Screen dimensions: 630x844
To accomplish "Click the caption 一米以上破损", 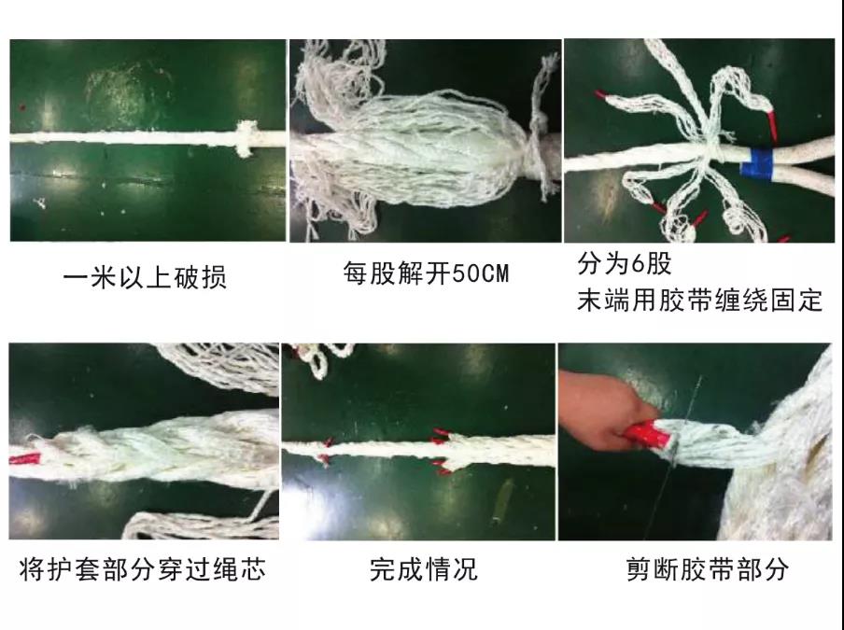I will [x=145, y=277].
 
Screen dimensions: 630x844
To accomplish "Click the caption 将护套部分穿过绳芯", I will [x=143, y=568].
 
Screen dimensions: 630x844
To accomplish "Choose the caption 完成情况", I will [x=424, y=568].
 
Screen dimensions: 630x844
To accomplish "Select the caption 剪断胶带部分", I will [x=707, y=568].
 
